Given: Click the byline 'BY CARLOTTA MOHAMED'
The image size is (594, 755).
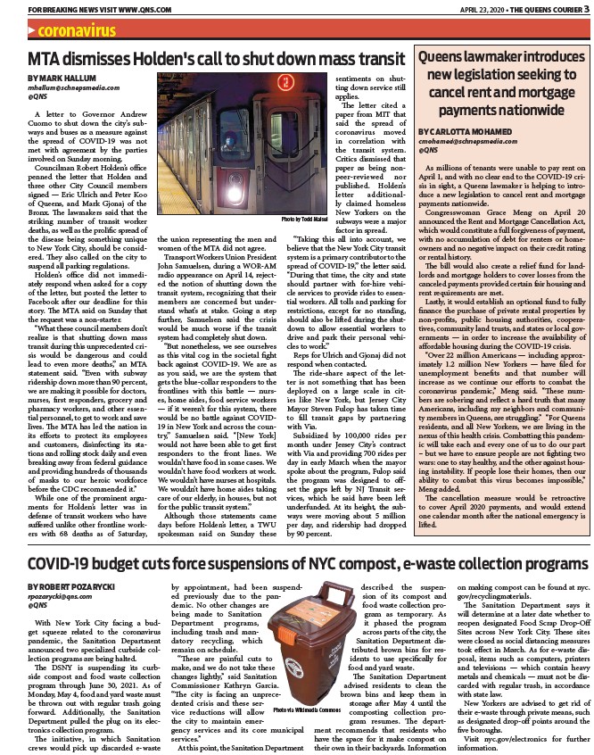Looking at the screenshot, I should [x=466, y=132].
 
